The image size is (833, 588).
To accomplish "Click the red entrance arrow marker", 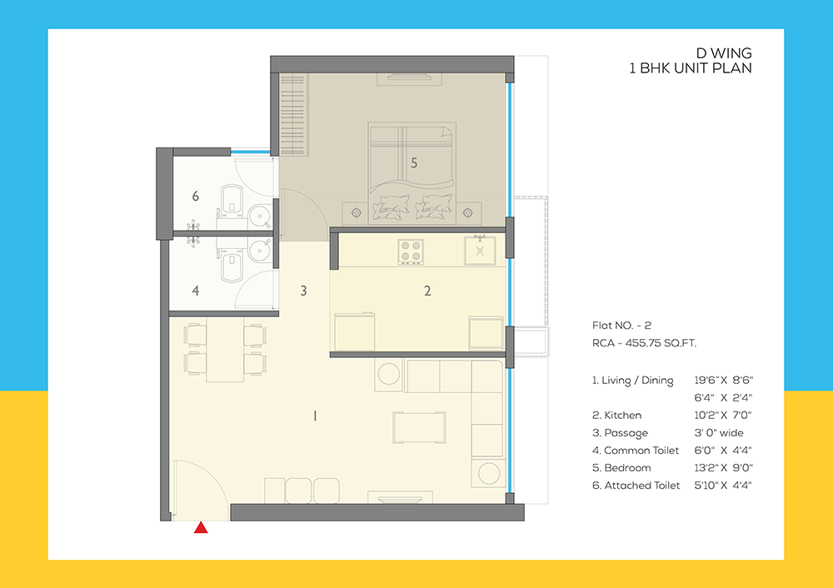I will coord(201,527).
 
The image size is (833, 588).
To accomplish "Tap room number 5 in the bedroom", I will coord(414,162).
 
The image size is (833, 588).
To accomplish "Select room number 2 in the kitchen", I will coord(427,291).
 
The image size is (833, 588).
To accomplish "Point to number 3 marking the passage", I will coord(304,291).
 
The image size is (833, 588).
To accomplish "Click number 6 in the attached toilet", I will coord(196,197).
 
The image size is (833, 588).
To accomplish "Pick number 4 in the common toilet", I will coord(196,291).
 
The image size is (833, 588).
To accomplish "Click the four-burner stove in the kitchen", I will coord(411,250).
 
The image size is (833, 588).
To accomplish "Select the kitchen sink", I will coord(480,248).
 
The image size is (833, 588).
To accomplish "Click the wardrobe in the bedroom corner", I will coord(292,113).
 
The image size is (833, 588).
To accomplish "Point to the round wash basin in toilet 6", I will coord(262,218).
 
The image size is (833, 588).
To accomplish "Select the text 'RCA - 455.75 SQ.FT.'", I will coord(644,342).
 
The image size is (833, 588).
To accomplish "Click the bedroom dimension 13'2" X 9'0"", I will coord(729,467).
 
